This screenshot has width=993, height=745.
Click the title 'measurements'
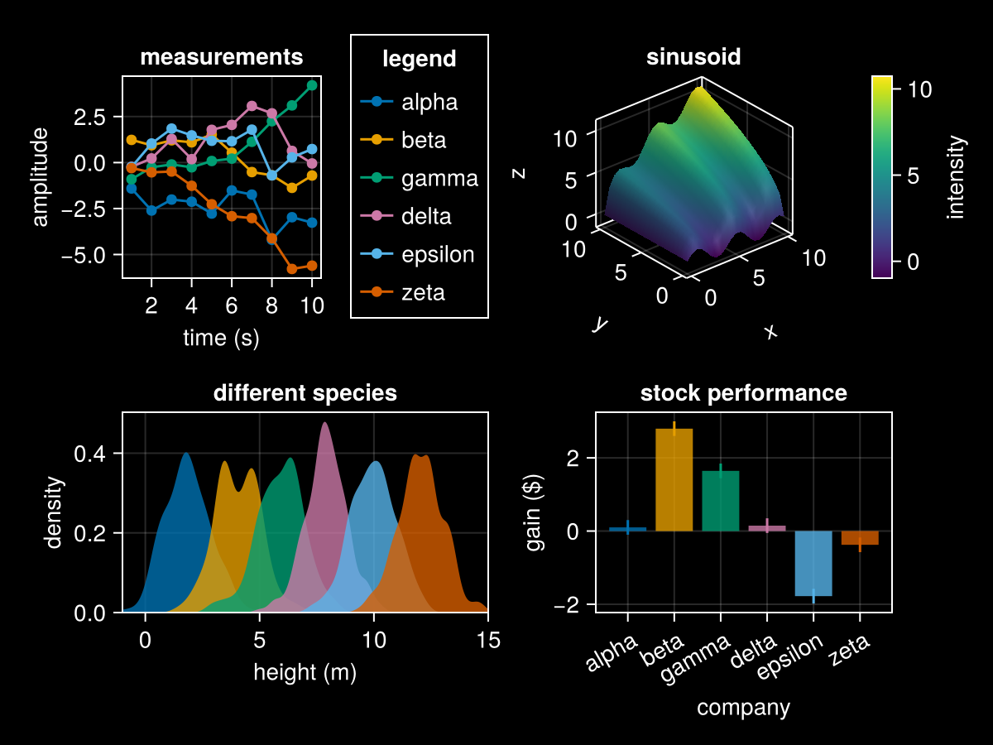[221, 57]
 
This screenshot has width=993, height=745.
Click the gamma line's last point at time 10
[312, 85]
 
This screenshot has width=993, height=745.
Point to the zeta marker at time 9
[292, 268]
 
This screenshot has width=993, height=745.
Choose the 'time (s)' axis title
[221, 338]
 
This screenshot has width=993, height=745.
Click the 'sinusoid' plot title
[693, 57]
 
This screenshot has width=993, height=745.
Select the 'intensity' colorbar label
[957, 178]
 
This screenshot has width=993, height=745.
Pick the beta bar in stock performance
[674, 480]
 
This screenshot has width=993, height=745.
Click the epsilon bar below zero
[813, 563]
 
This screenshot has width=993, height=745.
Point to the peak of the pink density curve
[325, 423]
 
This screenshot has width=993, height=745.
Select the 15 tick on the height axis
[487, 640]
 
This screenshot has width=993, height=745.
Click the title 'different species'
[305, 393]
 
